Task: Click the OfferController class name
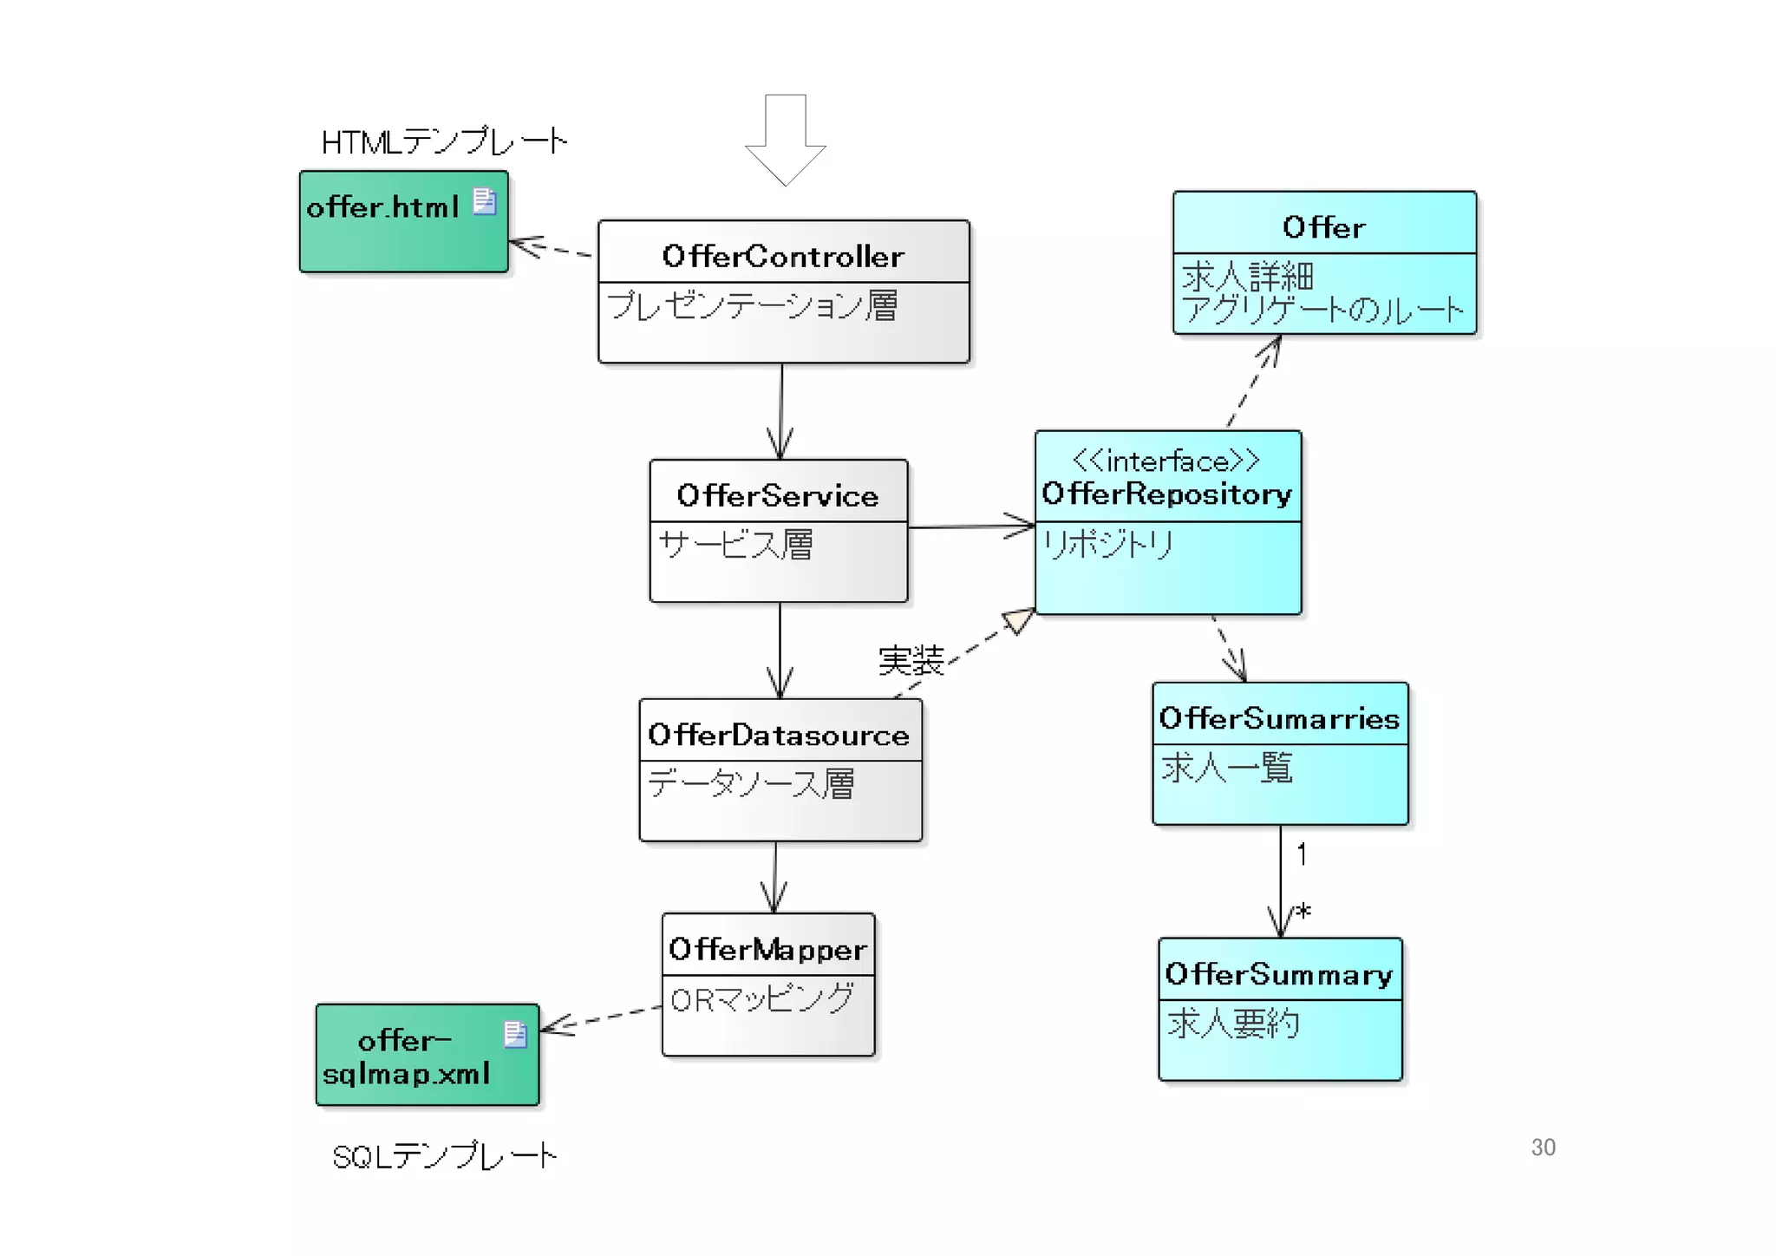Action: point(782,256)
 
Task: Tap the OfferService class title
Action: point(778,495)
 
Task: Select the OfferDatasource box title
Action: point(779,735)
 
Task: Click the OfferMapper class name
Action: point(767,949)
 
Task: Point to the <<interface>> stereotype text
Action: point(1166,461)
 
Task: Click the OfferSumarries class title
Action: point(1279,718)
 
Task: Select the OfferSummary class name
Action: point(1279,974)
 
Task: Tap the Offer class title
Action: point(1323,227)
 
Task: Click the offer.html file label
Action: point(382,207)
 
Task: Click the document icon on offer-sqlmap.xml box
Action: point(515,1034)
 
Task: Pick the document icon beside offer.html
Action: point(485,201)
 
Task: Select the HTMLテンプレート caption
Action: point(444,141)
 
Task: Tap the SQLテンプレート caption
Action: point(444,1155)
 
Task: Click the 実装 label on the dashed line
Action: point(911,661)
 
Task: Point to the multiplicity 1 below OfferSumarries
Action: point(1302,854)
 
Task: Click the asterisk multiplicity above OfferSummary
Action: point(1303,912)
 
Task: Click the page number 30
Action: point(1543,1147)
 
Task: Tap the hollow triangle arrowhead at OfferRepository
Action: point(1019,620)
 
